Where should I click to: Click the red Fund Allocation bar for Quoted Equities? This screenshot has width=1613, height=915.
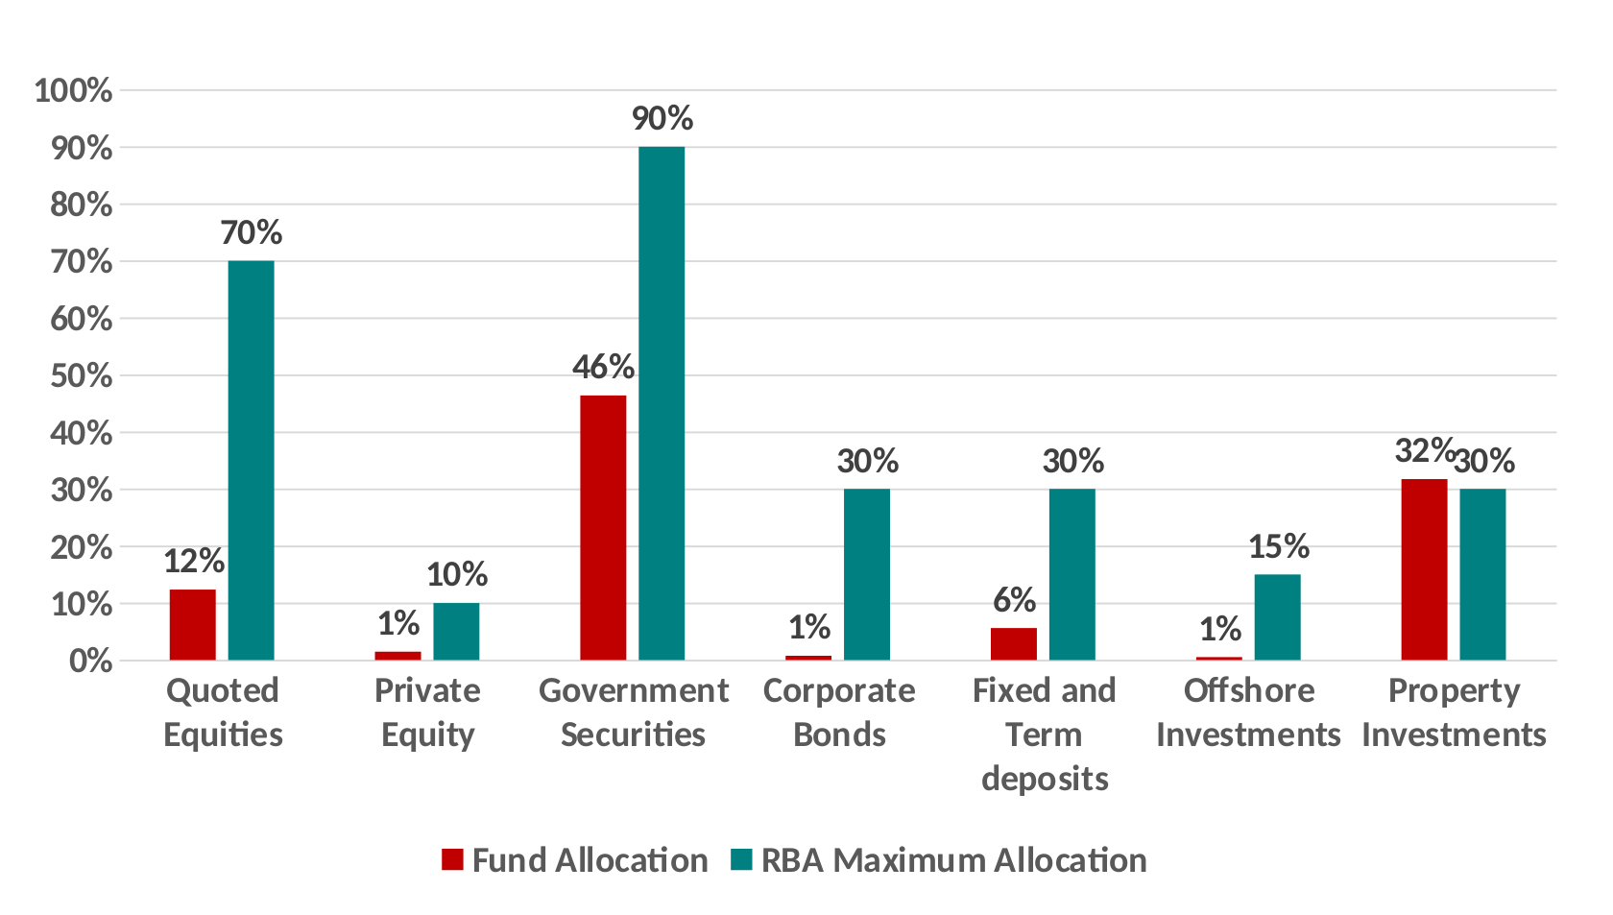tap(192, 625)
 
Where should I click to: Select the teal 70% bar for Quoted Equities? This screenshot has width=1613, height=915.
tap(251, 461)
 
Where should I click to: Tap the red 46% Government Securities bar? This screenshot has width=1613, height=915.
tap(603, 528)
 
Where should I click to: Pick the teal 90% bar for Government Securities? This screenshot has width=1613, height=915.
tap(662, 403)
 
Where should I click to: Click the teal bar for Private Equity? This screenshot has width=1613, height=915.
tap(456, 632)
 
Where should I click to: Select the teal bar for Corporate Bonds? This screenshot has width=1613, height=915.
tap(867, 574)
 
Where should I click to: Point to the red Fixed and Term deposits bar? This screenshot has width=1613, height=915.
tap(1014, 644)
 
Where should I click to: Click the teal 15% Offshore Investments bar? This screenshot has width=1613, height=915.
tap(1277, 617)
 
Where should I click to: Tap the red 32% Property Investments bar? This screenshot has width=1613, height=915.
tap(1424, 569)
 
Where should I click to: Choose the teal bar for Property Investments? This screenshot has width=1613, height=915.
tap(1482, 574)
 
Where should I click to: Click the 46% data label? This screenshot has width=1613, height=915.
tap(603, 367)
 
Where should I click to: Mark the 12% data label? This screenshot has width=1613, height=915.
tap(193, 561)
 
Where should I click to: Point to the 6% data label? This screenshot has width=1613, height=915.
tap(1014, 601)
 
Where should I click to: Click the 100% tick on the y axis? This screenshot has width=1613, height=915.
tap(74, 91)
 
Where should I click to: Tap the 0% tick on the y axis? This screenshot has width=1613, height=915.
tap(89, 661)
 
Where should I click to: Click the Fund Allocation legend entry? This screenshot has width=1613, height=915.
tap(575, 860)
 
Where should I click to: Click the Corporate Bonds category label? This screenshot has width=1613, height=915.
tap(839, 712)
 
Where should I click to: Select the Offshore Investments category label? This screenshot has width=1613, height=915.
tap(1248, 712)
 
